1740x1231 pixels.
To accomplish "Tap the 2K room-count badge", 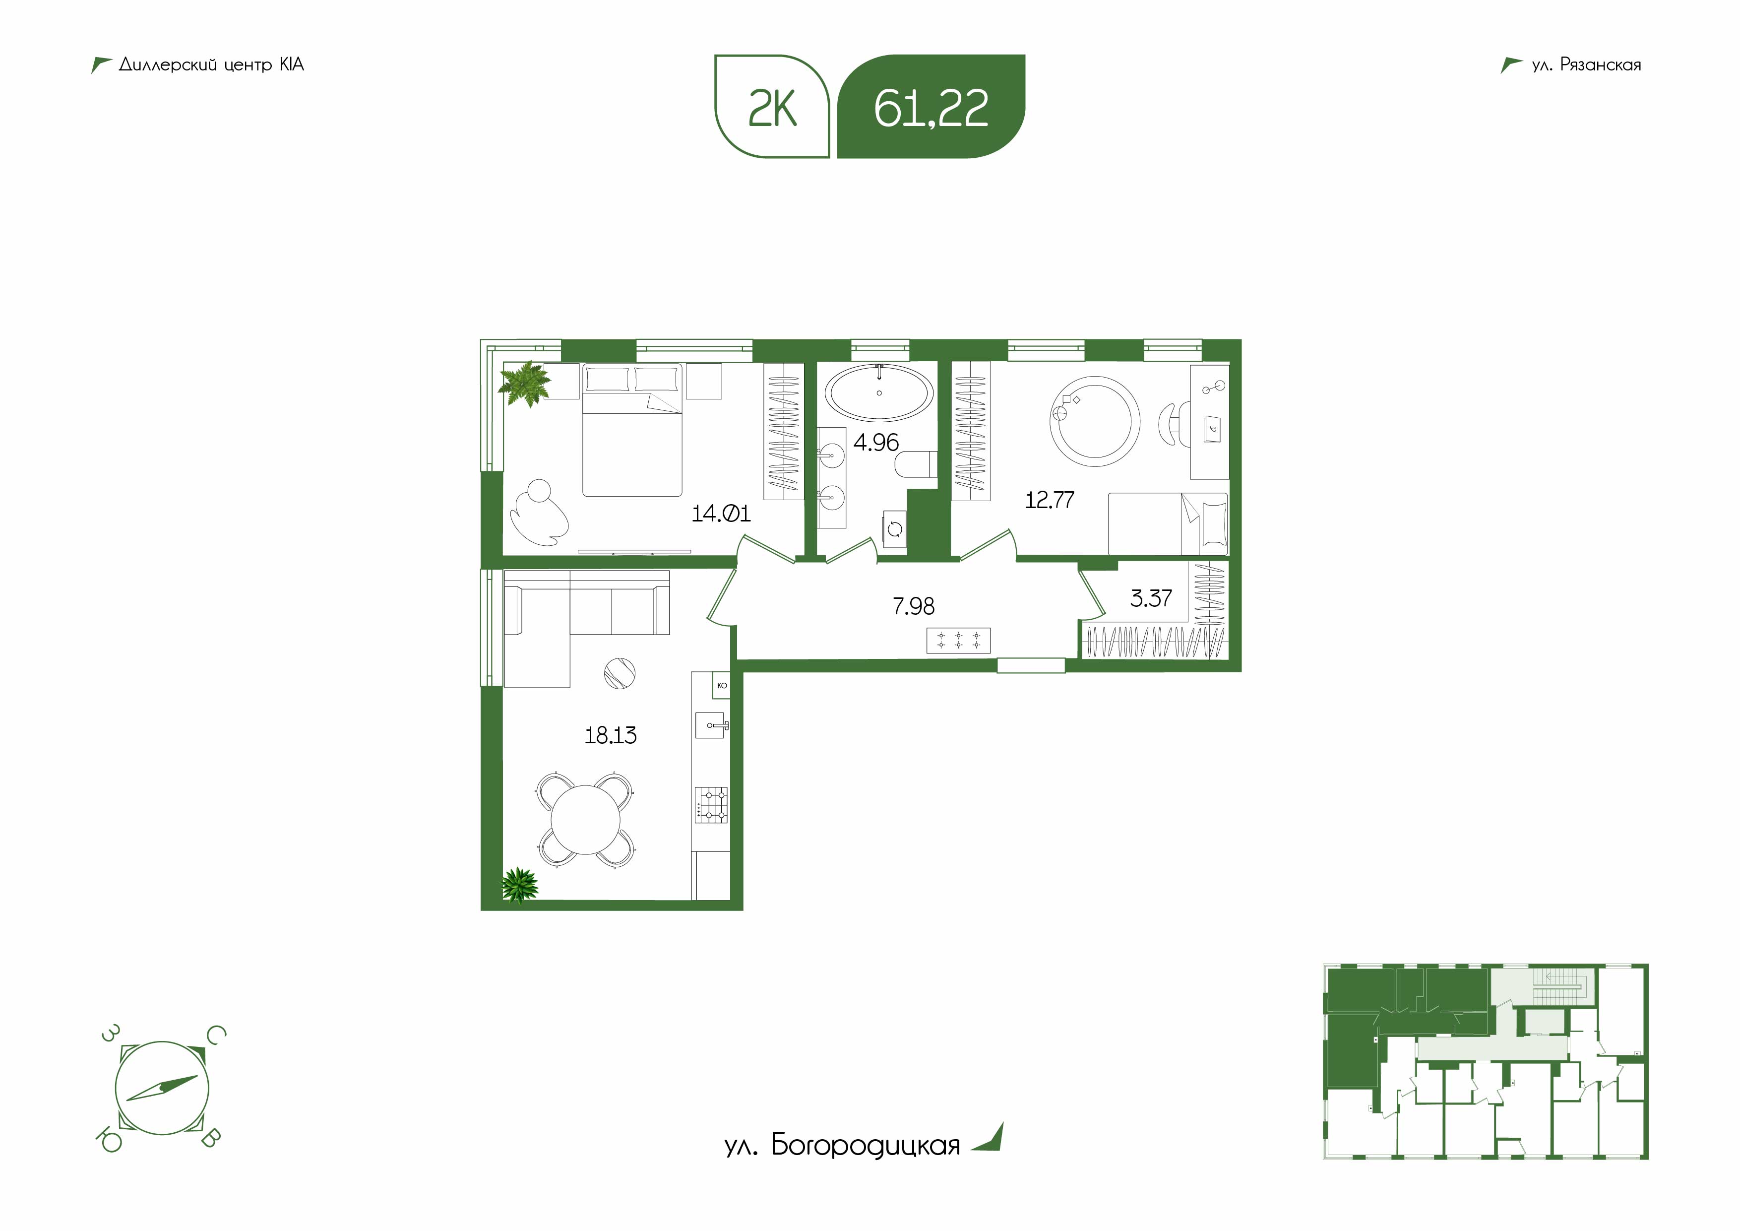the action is pyautogui.click(x=772, y=106).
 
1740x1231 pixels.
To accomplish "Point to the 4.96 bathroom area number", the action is pyautogui.click(x=876, y=442).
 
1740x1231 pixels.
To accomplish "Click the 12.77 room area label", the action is pyautogui.click(x=1050, y=500).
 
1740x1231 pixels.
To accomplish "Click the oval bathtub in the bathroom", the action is pyautogui.click(x=879, y=392).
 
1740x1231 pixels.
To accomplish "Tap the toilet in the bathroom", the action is pyautogui.click(x=916, y=464).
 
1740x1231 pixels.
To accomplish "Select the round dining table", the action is pyautogui.click(x=585, y=819).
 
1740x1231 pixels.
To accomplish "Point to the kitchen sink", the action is pyautogui.click(x=712, y=725).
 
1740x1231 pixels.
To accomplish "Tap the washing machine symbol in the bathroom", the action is pyautogui.click(x=895, y=528).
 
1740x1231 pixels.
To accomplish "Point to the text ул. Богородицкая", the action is pyautogui.click(x=842, y=1145).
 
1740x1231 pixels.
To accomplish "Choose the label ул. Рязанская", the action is pyautogui.click(x=1586, y=65).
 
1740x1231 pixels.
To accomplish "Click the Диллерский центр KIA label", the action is pyautogui.click(x=211, y=65).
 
